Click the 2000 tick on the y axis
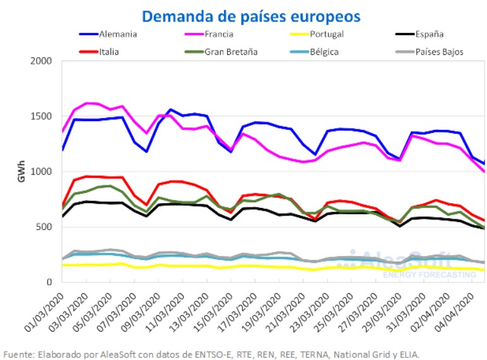[43, 61]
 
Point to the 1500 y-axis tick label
[43, 117]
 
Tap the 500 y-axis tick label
[45, 226]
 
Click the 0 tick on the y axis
[50, 281]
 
